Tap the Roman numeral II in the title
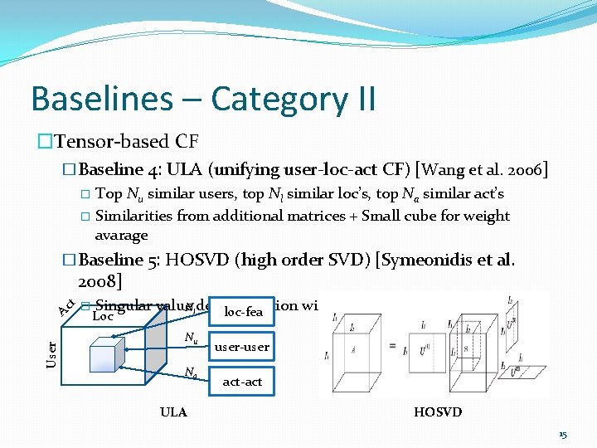[358, 99]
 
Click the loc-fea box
[243, 312]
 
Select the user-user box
[241, 347]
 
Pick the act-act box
[242, 382]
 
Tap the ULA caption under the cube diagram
[173, 412]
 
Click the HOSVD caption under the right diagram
[437, 412]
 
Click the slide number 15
[563, 434]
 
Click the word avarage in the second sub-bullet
[121, 235]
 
